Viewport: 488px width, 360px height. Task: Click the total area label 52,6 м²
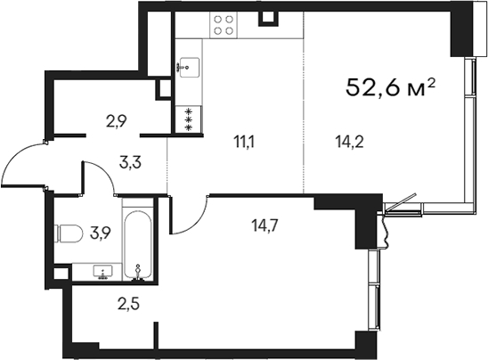point(389,88)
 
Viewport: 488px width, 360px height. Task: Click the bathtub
point(138,246)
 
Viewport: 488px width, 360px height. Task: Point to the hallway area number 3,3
point(130,162)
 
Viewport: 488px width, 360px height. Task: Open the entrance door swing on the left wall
point(21,165)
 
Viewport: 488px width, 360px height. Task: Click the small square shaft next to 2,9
point(164,88)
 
